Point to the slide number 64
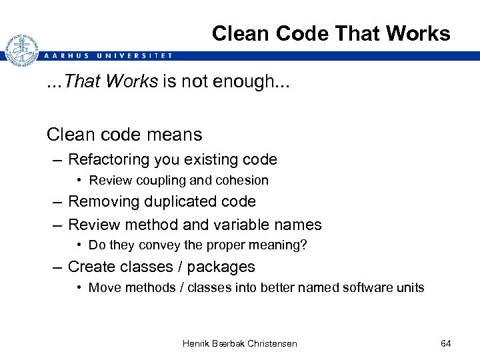pyautogui.click(x=446, y=343)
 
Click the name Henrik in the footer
pyautogui.click(x=197, y=343)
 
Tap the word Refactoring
pyautogui.click(x=110, y=159)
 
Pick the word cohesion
pyautogui.click(x=245, y=180)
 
